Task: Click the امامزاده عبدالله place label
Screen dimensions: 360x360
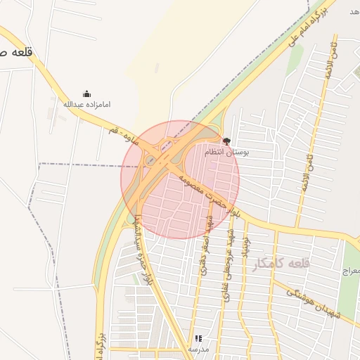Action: coord(87,104)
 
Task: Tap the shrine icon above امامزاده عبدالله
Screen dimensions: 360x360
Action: coord(87,94)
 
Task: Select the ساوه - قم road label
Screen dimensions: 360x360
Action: coord(123,137)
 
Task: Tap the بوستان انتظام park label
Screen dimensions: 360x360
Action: coord(226,152)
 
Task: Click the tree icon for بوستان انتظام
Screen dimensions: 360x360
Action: coord(226,141)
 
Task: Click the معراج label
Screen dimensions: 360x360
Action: coord(350,270)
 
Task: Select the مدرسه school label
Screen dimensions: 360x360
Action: coord(199,349)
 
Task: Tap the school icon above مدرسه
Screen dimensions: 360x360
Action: coord(199,338)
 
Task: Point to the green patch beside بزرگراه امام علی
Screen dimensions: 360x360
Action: coord(294,59)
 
